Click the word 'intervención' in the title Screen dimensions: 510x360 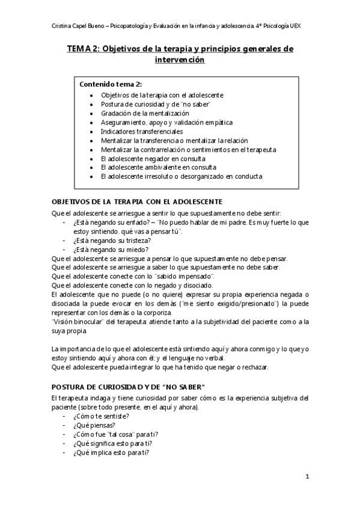pos(180,60)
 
